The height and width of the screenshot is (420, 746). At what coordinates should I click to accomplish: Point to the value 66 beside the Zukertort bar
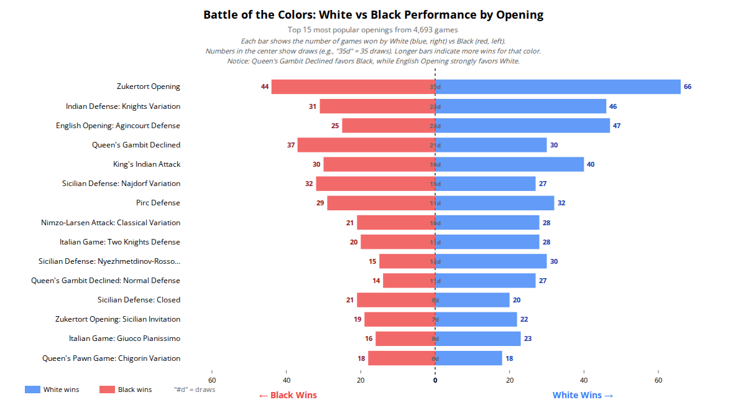(x=688, y=87)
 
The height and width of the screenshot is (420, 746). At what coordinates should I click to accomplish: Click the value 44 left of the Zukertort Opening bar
(x=265, y=87)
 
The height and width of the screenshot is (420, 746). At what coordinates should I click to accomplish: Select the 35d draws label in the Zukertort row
(x=435, y=87)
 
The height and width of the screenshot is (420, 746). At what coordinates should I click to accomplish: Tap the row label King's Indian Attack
(x=147, y=164)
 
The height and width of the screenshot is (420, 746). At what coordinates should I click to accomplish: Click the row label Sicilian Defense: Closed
(x=139, y=300)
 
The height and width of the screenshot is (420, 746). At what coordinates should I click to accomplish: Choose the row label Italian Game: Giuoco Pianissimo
(x=124, y=338)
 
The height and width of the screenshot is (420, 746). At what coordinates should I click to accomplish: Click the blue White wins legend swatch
(x=32, y=390)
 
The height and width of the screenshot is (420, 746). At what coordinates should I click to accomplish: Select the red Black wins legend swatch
(x=107, y=390)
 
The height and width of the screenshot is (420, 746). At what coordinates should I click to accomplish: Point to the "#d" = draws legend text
(x=195, y=390)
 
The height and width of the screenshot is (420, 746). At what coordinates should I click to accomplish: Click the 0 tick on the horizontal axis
(x=435, y=380)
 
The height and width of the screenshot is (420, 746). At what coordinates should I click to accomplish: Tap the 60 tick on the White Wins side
(x=658, y=380)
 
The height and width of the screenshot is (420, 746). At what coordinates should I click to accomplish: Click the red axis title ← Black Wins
(x=288, y=395)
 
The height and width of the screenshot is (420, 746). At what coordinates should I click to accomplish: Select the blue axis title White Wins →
(x=583, y=395)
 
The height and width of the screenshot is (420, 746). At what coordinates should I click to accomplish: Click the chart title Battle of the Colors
(x=373, y=15)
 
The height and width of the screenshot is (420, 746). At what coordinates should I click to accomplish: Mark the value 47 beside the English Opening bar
(x=617, y=126)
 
